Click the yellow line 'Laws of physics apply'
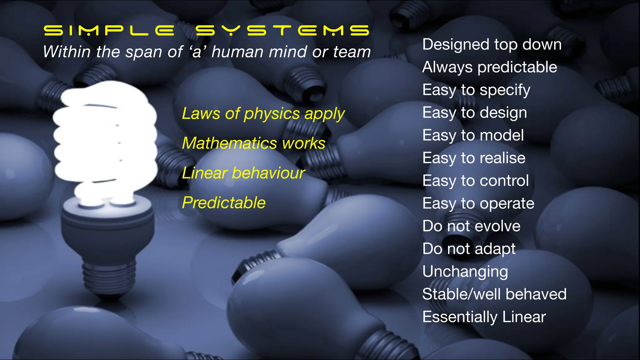pyautogui.click(x=263, y=114)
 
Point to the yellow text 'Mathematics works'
pyautogui.click(x=253, y=143)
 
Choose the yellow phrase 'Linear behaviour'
pyautogui.click(x=243, y=173)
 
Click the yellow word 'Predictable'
pyautogui.click(x=224, y=203)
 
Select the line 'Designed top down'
pyautogui.click(x=492, y=44)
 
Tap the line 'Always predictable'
pyautogui.click(x=490, y=67)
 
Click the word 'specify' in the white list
pyautogui.click(x=505, y=90)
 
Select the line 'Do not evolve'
pyautogui.click(x=471, y=226)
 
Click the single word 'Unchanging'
pyautogui.click(x=465, y=272)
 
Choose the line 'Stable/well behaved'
pyautogui.click(x=494, y=294)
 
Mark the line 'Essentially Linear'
pyautogui.click(x=484, y=317)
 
